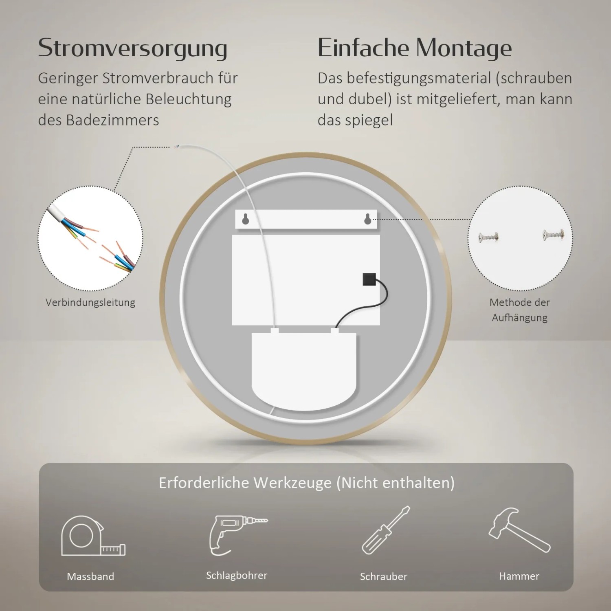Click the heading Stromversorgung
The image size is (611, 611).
132,48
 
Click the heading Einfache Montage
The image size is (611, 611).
414,48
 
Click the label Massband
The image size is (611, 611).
90,576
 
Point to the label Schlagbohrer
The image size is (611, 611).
237,575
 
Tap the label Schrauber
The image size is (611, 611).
383,576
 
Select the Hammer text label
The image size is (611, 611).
519,576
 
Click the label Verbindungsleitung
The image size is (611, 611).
90,302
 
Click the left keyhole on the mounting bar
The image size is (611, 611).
245,219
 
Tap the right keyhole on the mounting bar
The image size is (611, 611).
367,219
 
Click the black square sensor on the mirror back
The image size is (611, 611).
369,279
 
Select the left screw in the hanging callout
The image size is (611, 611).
488,237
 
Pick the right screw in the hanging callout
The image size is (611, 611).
553,235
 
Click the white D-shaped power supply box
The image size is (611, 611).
304,371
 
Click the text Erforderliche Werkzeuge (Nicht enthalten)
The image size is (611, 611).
306,483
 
